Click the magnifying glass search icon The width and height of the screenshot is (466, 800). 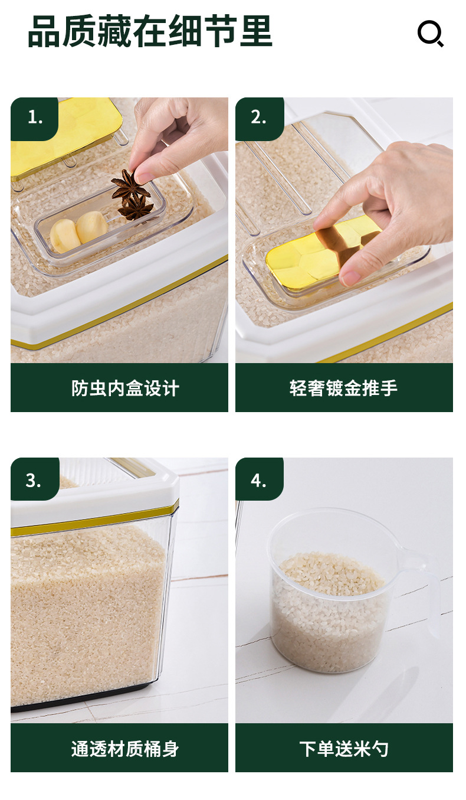431,34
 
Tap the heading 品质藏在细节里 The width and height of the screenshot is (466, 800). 150,31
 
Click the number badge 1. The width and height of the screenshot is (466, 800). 35,119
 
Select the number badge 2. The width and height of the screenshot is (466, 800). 260,119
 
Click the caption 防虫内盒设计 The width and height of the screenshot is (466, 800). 125,388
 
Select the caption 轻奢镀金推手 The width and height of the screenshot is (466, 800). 344,388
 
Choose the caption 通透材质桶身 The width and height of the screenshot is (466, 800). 125,749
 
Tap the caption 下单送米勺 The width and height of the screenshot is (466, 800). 344,749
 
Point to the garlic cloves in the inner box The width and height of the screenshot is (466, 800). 78,231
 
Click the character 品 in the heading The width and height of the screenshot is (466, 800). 44,31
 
